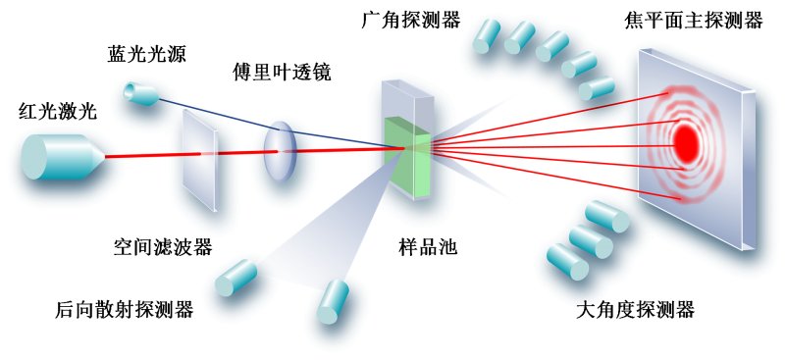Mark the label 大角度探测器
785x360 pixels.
pos(635,310)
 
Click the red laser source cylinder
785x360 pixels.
pos(61,156)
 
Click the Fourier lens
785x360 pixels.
pos(279,151)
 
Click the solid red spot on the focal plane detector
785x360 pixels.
pos(686,143)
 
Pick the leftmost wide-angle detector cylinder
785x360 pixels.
pos(488,36)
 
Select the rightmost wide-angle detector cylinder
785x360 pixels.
pos(596,89)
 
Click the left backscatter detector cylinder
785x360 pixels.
pos(236,277)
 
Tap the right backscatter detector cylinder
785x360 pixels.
pos(333,301)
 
